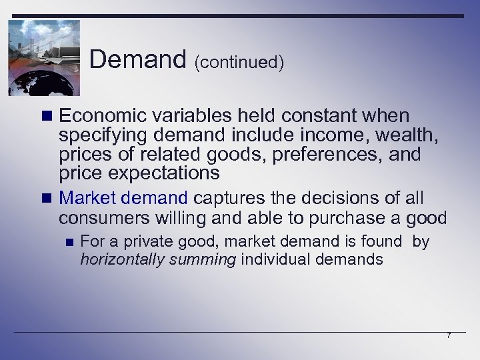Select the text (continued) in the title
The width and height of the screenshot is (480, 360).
pos(239,63)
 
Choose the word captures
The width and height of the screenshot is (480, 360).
pos(227,199)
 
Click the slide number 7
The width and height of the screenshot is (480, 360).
pos(449,335)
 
